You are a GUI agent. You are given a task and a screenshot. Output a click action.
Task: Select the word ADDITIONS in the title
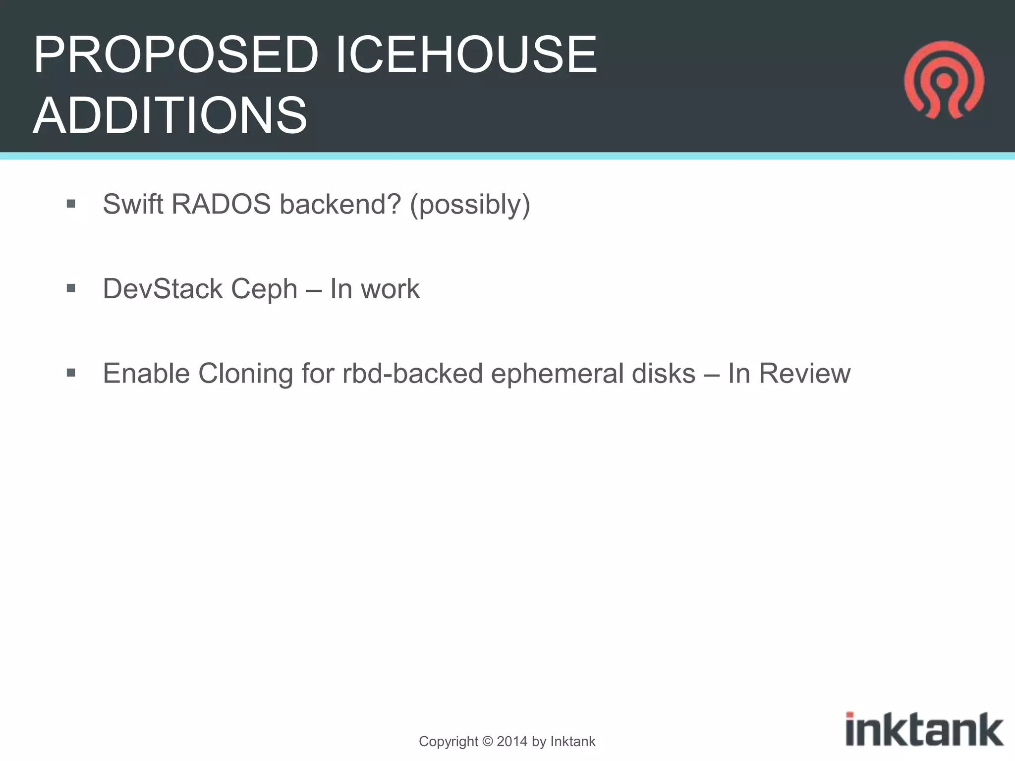pyautogui.click(x=170, y=115)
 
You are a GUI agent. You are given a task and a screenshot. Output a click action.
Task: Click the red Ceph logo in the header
pyautogui.click(x=944, y=80)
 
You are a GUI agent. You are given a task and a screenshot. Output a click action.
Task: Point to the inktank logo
pyautogui.click(x=924, y=729)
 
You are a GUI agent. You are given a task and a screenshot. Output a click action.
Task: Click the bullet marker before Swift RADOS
pyautogui.click(x=71, y=204)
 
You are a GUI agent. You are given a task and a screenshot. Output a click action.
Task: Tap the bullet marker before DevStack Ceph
pyautogui.click(x=71, y=288)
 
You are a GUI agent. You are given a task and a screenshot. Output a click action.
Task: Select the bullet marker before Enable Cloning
pyautogui.click(x=71, y=373)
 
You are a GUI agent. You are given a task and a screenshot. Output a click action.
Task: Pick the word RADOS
pyautogui.click(x=221, y=204)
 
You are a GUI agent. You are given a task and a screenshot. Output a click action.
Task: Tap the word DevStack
pyautogui.click(x=163, y=288)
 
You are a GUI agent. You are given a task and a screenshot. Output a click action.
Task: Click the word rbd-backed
pyautogui.click(x=412, y=373)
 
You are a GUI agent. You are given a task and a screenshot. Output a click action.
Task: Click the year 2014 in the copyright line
pyautogui.click(x=512, y=742)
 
